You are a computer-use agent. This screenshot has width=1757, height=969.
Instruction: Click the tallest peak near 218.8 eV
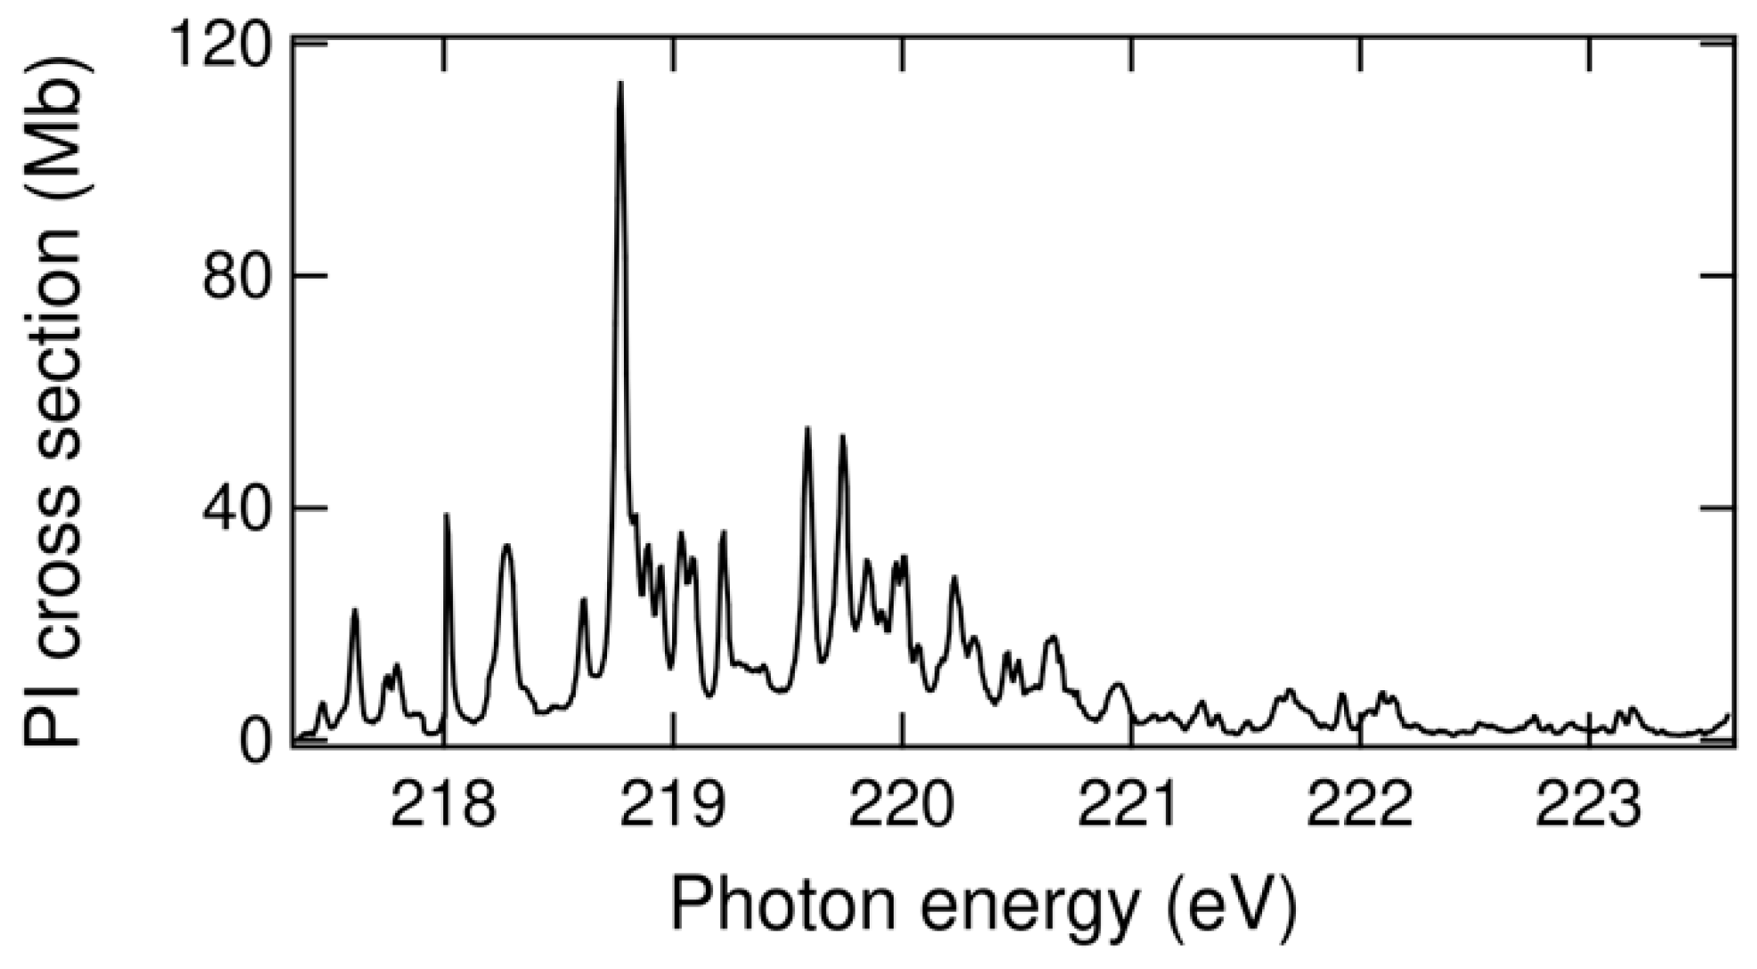pos(620,85)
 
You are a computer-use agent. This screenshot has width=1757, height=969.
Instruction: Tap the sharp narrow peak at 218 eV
pos(447,516)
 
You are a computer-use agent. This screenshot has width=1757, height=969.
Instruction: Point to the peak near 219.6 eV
pos(807,430)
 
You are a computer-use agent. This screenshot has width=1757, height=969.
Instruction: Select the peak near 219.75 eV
pos(842,437)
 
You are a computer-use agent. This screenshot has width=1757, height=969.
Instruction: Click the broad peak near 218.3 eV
pos(506,547)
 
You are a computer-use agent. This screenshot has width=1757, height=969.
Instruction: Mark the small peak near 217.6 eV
pos(354,611)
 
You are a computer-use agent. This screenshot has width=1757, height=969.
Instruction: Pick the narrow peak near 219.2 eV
pos(724,533)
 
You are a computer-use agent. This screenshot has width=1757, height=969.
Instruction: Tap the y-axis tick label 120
pos(223,45)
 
